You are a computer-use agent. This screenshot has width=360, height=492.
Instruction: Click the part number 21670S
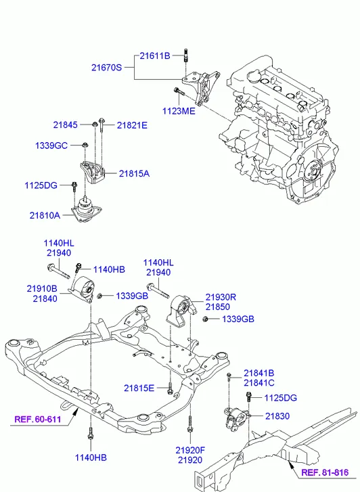106,68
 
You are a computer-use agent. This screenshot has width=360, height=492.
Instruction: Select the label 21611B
155,56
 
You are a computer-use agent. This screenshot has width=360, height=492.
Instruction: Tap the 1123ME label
179,111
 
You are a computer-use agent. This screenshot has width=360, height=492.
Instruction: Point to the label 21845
65,125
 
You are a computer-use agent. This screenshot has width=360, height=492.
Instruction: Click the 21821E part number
132,125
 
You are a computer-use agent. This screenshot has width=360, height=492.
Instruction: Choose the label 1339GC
51,146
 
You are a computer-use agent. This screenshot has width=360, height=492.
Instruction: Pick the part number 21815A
134,173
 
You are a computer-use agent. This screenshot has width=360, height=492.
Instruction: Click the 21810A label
45,216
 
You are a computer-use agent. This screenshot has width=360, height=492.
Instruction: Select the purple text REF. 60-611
38,419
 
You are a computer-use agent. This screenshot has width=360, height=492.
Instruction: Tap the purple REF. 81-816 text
325,472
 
